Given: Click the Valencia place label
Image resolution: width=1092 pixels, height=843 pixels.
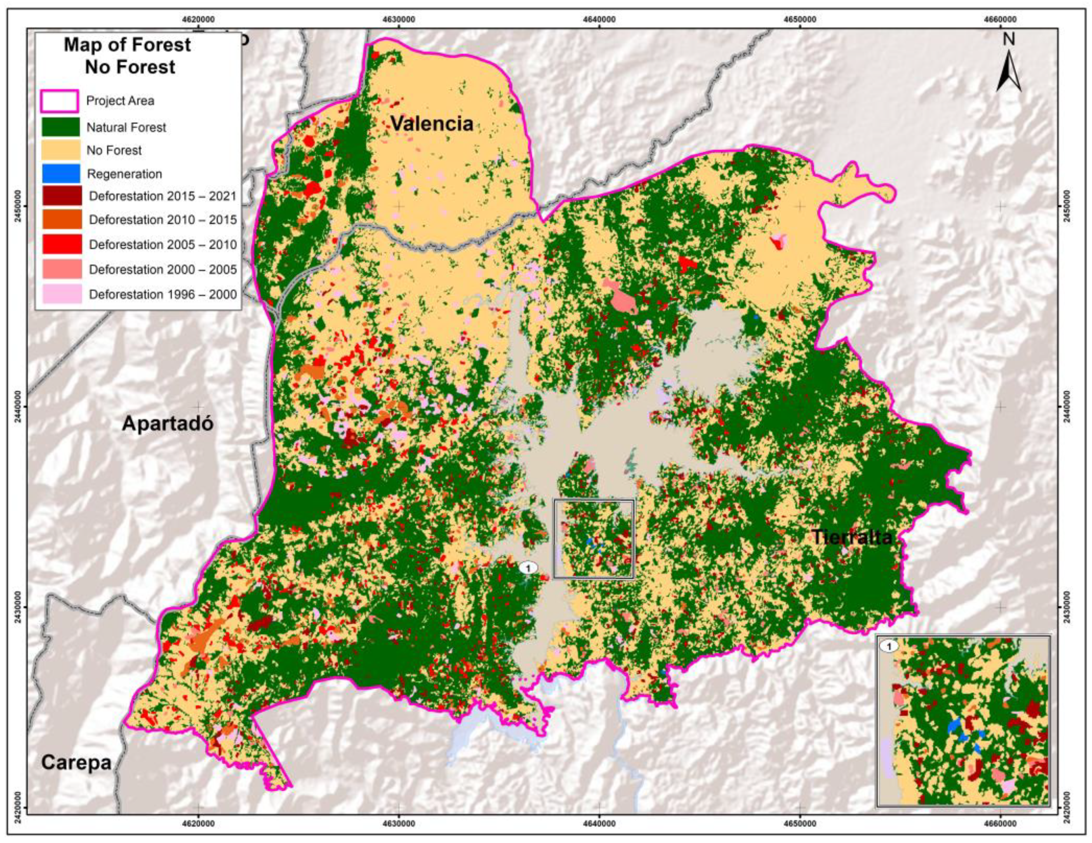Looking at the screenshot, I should (431, 123).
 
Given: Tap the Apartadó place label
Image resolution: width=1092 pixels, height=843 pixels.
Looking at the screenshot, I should (167, 424).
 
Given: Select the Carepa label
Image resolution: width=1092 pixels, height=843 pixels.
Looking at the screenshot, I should (76, 763).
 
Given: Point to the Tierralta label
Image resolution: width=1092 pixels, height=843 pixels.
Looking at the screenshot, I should (852, 537).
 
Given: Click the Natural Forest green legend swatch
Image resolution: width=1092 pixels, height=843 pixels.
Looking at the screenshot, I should (60, 127).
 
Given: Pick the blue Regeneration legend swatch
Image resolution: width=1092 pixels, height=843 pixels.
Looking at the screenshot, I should (60, 174).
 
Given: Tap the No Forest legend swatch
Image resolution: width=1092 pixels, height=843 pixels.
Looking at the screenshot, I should (60, 150).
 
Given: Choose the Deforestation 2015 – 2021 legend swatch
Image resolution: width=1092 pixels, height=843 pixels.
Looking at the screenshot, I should (60, 195).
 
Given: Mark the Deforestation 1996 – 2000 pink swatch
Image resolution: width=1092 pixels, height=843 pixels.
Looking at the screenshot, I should (60, 294).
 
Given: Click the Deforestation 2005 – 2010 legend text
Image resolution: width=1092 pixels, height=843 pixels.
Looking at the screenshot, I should (163, 244).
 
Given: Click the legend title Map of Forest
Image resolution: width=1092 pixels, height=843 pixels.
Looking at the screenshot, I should (127, 45).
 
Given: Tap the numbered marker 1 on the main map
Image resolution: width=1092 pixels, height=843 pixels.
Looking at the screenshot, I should (528, 568).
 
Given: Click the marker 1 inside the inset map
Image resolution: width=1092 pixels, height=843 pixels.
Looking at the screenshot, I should (888, 646).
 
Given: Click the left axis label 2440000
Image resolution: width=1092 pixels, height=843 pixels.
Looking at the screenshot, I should (19, 407).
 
